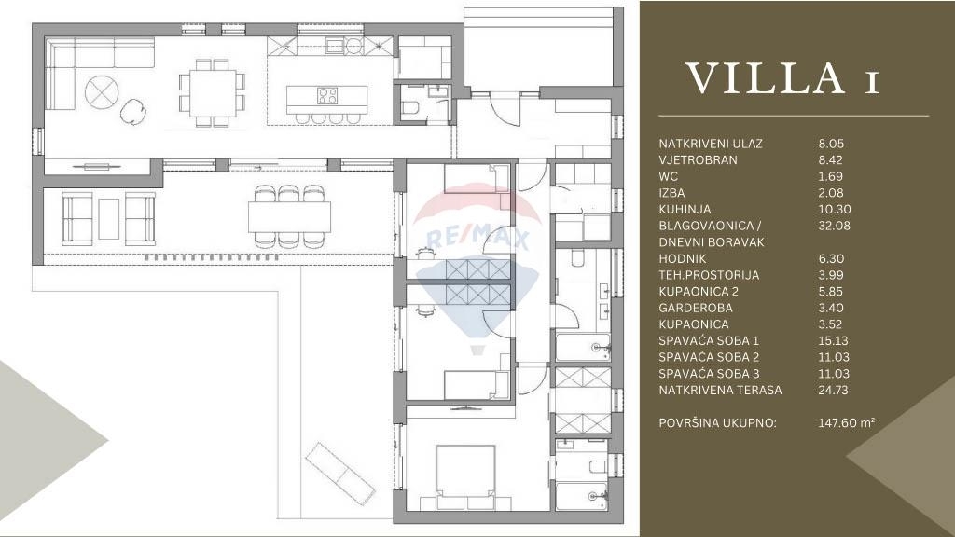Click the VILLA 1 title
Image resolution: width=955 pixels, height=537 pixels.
(783, 78)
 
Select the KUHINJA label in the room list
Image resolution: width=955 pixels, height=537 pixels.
(685, 209)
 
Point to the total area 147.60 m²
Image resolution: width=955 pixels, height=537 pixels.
(847, 422)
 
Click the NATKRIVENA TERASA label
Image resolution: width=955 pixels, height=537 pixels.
(720, 390)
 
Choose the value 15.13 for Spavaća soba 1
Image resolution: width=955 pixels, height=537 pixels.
(833, 340)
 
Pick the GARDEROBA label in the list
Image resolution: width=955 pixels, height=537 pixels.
(696, 308)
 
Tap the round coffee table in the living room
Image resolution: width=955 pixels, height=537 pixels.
(102, 92)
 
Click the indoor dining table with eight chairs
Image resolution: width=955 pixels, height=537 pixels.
(213, 92)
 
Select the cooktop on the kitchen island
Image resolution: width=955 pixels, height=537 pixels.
(327, 96)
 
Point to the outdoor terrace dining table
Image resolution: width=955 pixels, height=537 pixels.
(289, 216)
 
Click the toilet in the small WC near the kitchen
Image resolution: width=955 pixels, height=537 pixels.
(410, 108)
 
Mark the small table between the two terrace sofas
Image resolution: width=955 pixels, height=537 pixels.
(109, 218)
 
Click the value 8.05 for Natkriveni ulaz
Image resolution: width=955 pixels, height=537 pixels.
(831, 144)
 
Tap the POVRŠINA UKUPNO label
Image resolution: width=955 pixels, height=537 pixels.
(717, 422)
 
